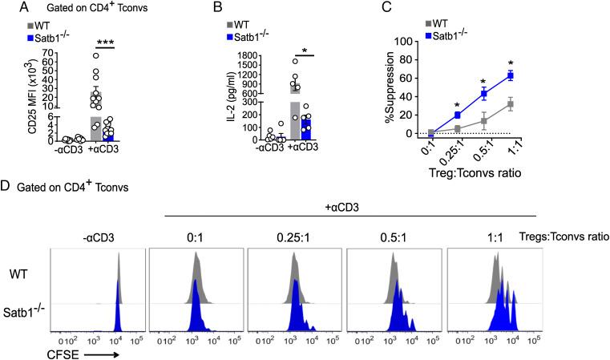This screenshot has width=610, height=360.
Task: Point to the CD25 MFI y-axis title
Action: (x=10, y=95)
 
